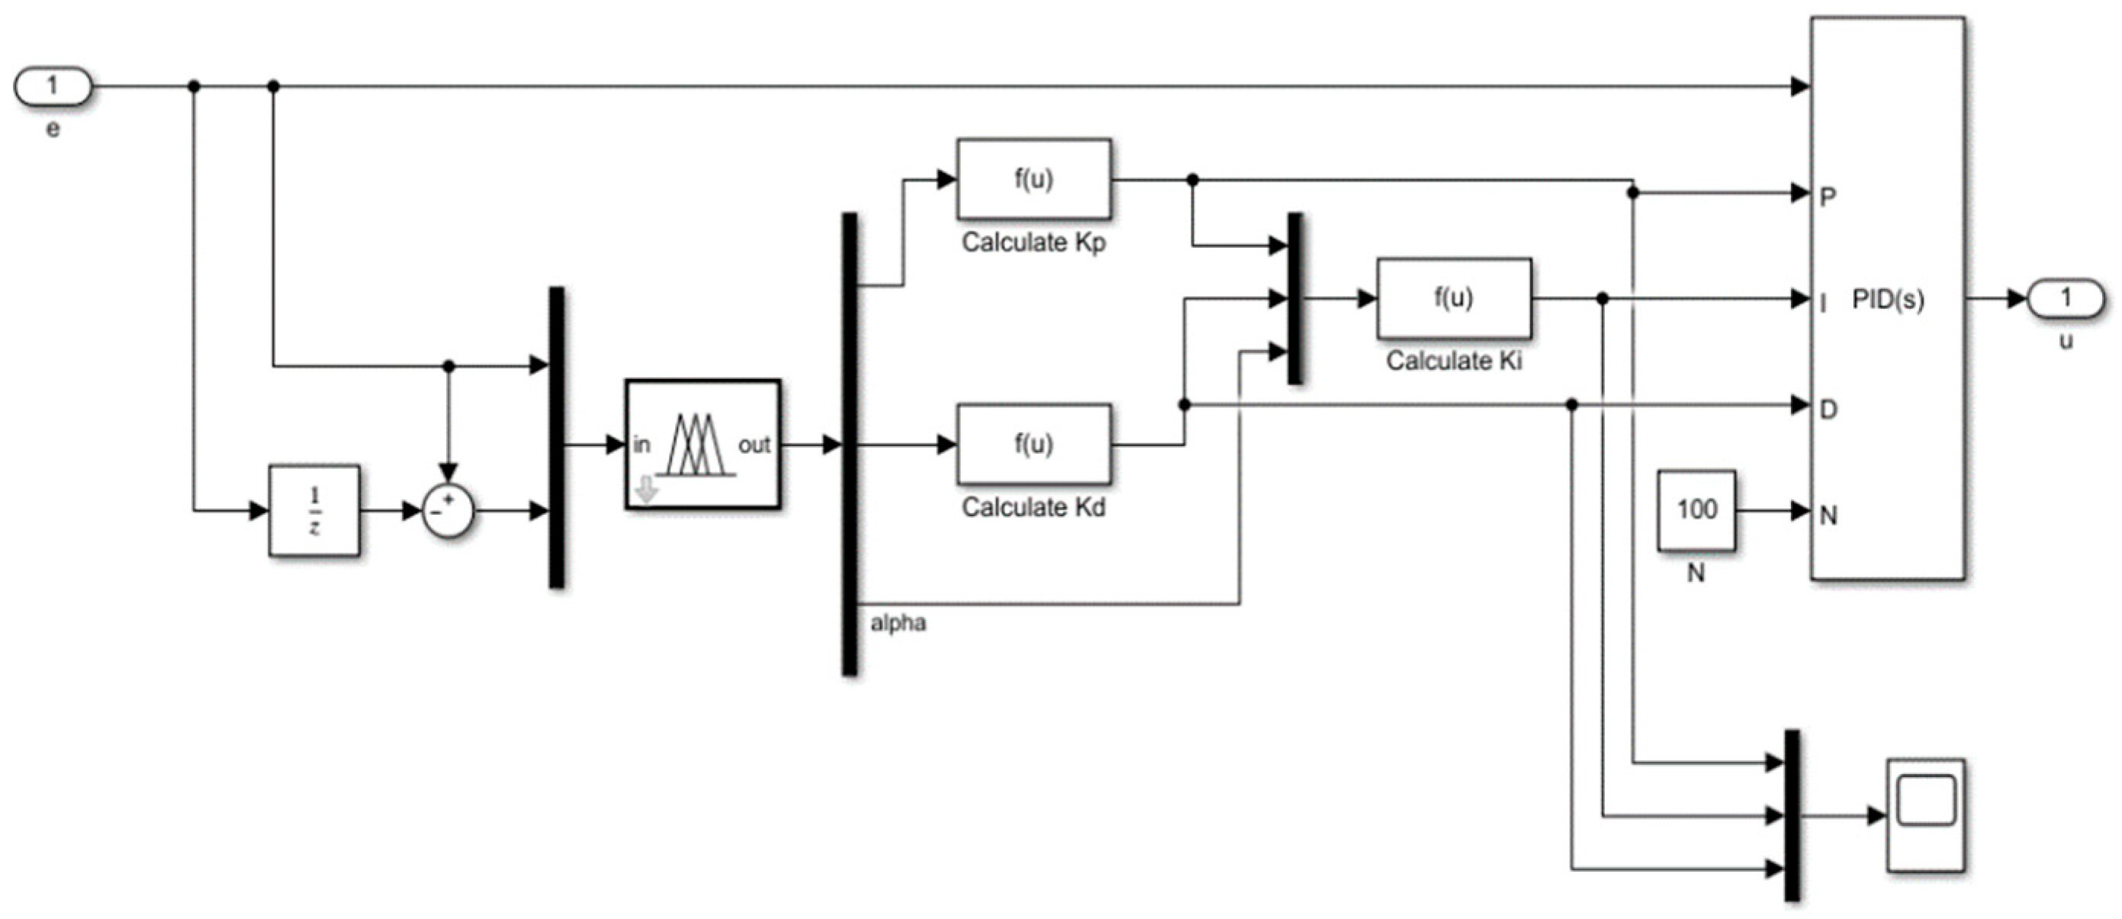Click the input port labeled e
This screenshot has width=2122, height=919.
pyautogui.click(x=53, y=86)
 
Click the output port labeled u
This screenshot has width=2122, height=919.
pyautogui.click(x=2064, y=298)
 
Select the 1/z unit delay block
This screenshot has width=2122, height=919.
pyautogui.click(x=313, y=510)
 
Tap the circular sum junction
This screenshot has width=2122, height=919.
pyautogui.click(x=449, y=510)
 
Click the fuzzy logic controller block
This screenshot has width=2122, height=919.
pyautogui.click(x=702, y=445)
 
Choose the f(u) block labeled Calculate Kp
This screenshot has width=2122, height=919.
pyautogui.click(x=1033, y=178)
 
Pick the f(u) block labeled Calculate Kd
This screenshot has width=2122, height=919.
pyautogui.click(x=1033, y=444)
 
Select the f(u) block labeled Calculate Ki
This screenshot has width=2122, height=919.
pyautogui.click(x=1454, y=298)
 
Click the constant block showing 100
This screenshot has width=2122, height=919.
pyautogui.click(x=1697, y=509)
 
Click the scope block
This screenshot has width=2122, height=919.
pyautogui.click(x=1926, y=815)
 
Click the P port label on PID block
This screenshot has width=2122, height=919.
pyautogui.click(x=1828, y=197)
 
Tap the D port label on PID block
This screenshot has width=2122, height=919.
pyautogui.click(x=1828, y=409)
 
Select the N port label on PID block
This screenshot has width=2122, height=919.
pyautogui.click(x=1828, y=516)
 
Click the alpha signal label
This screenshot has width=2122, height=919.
pyautogui.click(x=898, y=623)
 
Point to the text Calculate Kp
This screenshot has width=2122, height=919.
pyautogui.click(x=1033, y=242)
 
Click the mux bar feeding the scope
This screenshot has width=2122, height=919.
pyautogui.click(x=1792, y=815)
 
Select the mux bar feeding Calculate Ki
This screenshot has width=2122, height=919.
pyautogui.click(x=1295, y=298)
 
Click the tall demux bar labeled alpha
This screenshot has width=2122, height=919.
pyautogui.click(x=849, y=445)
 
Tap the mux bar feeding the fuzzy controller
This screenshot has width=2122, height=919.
pyautogui.click(x=557, y=437)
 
